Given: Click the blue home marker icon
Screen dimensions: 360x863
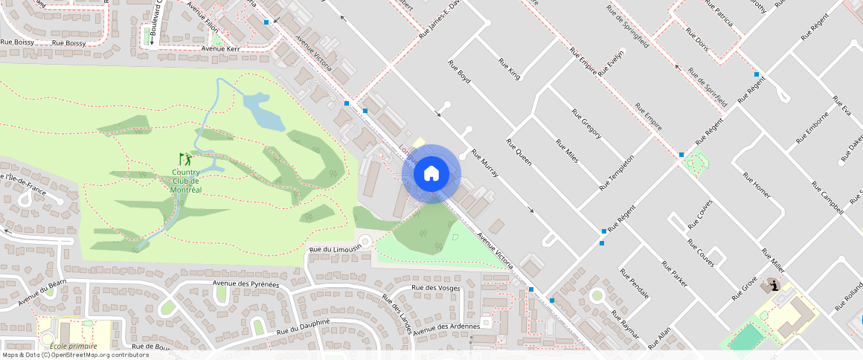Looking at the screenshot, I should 431,174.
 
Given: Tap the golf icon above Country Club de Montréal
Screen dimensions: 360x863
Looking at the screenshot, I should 185,159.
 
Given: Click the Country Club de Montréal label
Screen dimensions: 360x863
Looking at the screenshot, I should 186,181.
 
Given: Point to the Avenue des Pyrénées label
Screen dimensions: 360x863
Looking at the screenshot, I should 246,283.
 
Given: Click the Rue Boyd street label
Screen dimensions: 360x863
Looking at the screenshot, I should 460,71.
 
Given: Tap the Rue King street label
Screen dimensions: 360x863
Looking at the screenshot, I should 510,68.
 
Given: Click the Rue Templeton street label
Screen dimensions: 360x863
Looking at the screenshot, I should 617,173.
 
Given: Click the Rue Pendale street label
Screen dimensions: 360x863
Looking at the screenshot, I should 634,284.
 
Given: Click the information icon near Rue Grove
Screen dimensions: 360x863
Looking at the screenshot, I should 774,286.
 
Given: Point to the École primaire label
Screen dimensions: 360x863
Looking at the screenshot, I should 73,346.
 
